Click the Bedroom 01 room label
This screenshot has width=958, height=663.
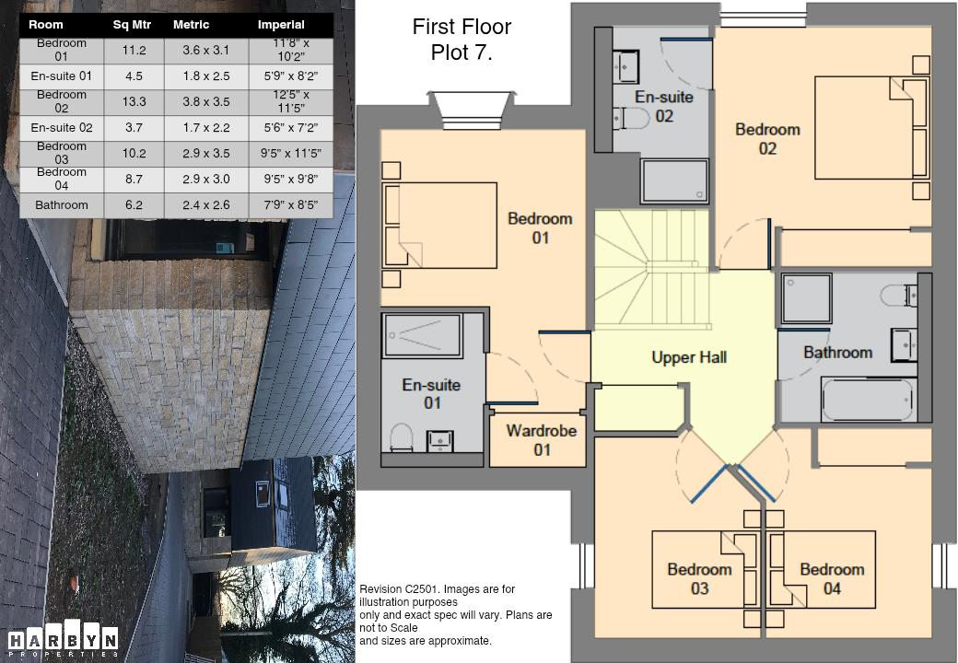pos(540,227)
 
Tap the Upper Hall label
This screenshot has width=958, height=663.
pos(689,357)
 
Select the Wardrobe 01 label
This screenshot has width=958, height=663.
pos(542,440)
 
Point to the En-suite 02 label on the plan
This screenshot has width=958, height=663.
pos(663,106)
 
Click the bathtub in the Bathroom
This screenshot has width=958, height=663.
pos(867,400)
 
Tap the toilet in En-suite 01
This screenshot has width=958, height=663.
pos(402,436)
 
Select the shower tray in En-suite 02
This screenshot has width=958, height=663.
pos(675,180)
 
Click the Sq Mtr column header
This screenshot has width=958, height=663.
pos(132,25)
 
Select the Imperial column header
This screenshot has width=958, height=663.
pos(281,25)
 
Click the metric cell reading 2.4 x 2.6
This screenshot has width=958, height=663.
pos(206,205)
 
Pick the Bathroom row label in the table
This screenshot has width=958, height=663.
pos(62,205)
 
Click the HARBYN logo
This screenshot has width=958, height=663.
pos(63,643)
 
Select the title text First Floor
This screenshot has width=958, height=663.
pos(461,27)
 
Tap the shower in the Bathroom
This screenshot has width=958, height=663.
pos(805,298)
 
